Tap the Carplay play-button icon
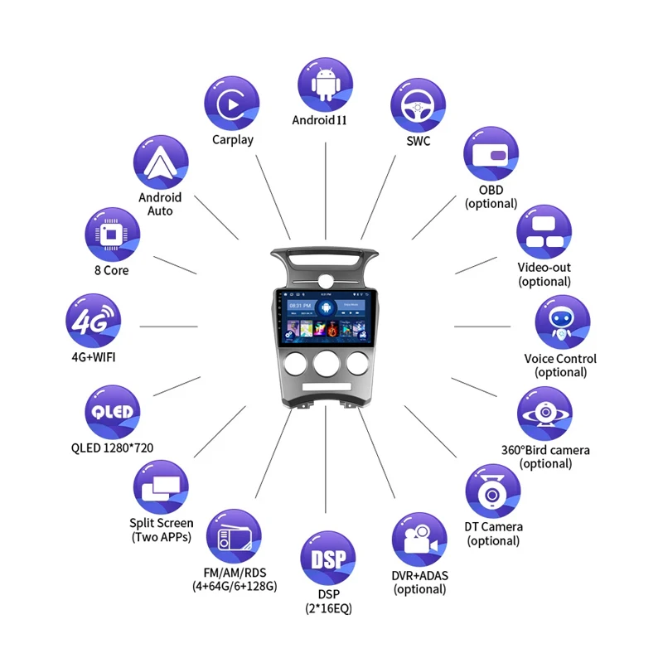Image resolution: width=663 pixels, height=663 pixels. tap(231, 104)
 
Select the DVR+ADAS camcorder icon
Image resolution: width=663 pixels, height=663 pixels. tap(419, 540)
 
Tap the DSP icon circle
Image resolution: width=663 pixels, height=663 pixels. tap(327, 559)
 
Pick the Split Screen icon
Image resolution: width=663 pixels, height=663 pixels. tap(160, 488)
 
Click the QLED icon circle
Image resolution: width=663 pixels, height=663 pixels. tap(112, 412)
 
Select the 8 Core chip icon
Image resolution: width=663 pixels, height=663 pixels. tap(112, 235)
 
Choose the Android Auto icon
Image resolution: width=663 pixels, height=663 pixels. tap(160, 162)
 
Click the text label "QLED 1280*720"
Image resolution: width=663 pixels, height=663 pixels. tap(112, 448)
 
